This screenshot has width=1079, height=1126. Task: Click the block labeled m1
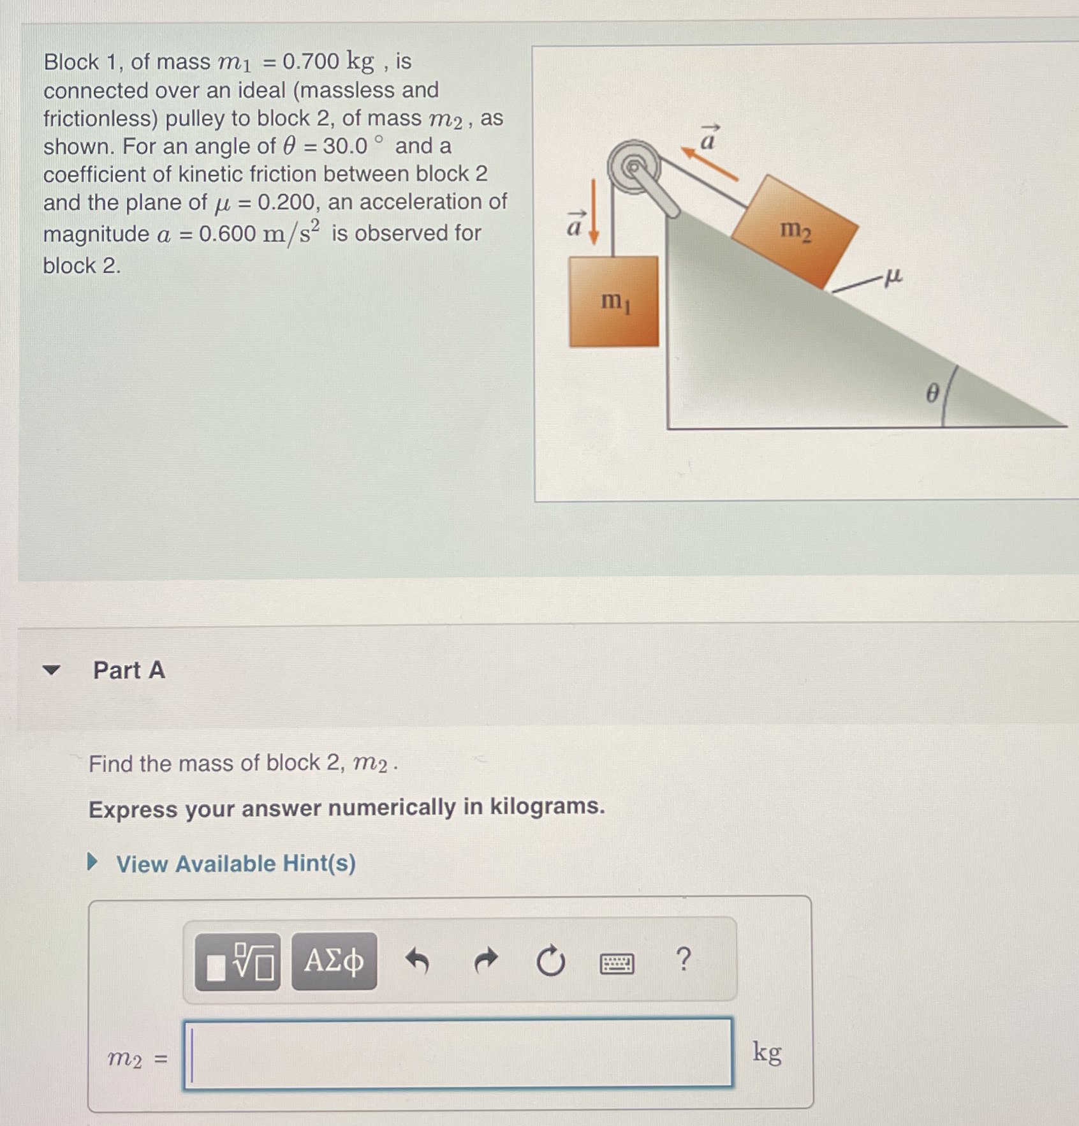(613, 301)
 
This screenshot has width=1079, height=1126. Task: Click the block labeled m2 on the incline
(795, 231)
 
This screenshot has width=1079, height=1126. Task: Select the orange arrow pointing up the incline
(709, 165)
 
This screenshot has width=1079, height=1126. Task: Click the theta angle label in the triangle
(932, 394)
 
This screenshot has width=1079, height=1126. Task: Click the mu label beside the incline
(893, 276)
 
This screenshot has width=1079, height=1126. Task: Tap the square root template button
(237, 961)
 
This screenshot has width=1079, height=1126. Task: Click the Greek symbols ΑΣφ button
(334, 961)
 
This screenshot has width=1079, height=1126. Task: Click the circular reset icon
(550, 961)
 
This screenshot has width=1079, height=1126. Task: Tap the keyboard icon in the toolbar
(617, 963)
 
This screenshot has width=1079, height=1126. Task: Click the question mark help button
(683, 959)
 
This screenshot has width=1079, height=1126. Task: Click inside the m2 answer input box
(458, 1053)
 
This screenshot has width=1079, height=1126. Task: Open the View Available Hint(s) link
(235, 864)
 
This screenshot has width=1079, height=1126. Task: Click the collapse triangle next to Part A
(51, 670)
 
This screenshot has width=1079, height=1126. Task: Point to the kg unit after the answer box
(767, 1052)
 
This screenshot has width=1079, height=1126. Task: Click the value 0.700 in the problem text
(311, 61)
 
